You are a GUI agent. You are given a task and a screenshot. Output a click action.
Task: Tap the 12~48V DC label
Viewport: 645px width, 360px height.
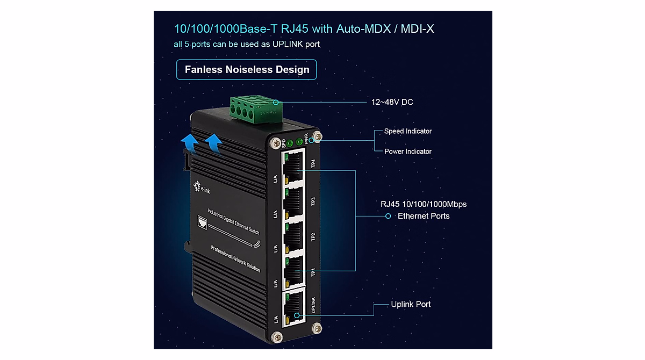[392, 102]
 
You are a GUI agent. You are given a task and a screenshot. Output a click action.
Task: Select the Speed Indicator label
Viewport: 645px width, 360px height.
[407, 131]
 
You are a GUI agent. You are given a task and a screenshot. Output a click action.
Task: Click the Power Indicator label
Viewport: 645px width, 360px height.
[407, 152]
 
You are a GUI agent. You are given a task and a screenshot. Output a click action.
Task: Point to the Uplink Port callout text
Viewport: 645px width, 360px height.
[411, 304]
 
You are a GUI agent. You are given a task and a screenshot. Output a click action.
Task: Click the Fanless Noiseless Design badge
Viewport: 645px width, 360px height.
[247, 70]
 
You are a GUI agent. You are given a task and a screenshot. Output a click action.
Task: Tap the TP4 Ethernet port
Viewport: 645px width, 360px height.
[293, 166]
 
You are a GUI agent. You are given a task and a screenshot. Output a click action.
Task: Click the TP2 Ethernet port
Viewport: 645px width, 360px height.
[293, 237]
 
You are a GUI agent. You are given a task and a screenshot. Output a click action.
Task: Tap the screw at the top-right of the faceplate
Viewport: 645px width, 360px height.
[318, 139]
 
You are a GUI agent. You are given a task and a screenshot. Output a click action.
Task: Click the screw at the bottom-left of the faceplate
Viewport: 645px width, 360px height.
[277, 337]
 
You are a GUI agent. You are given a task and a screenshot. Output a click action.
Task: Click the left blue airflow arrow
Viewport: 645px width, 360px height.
[188, 145]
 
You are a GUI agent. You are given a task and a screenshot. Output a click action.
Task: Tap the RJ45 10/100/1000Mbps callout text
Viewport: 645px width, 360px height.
[424, 204]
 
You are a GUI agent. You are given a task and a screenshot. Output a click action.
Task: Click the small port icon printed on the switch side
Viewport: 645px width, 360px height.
[203, 221]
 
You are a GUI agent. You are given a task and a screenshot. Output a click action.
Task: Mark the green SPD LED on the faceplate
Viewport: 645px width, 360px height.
[290, 143]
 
